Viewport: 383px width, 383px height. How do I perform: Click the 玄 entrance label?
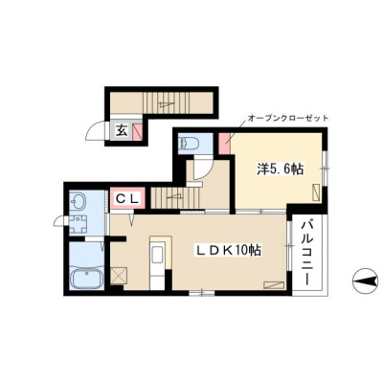[122, 131]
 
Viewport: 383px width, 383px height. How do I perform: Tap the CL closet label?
[127, 199]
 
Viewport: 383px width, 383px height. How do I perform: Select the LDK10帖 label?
[229, 250]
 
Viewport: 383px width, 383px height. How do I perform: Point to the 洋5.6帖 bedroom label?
[281, 169]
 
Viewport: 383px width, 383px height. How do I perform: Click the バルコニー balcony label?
[308, 252]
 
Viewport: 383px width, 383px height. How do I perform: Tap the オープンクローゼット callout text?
[288, 119]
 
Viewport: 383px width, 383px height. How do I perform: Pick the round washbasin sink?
[79, 202]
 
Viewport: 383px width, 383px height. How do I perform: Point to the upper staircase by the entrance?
[166, 103]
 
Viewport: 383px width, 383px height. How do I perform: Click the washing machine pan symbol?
[79, 225]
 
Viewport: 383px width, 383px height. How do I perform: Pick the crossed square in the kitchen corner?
[120, 276]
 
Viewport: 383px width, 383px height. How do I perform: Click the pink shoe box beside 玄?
[137, 131]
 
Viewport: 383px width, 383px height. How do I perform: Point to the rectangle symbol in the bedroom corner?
[316, 192]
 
